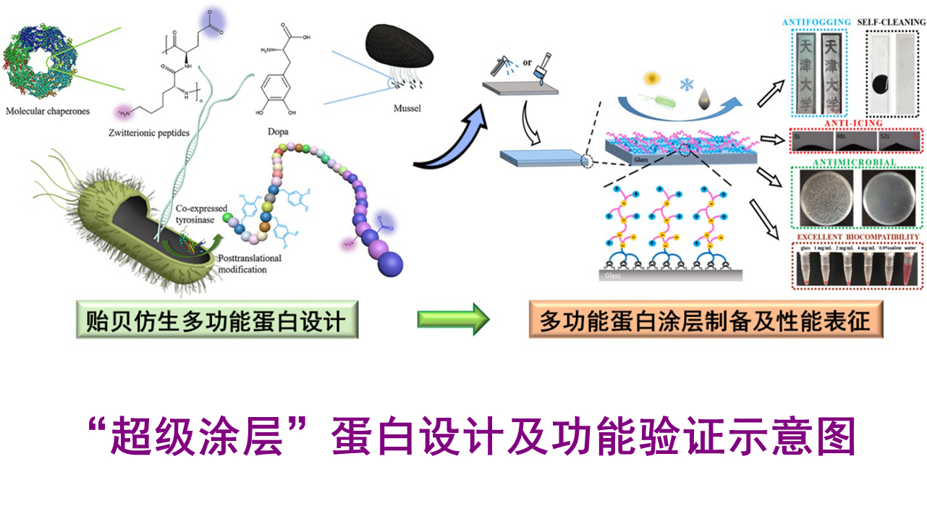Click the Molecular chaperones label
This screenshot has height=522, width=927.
(x=48, y=112)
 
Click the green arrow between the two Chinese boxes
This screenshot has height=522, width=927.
(x=453, y=319)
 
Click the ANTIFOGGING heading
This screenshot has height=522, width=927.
(x=816, y=22)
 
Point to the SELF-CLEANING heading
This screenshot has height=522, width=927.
(x=891, y=22)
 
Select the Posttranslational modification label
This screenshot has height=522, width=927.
(x=247, y=264)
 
